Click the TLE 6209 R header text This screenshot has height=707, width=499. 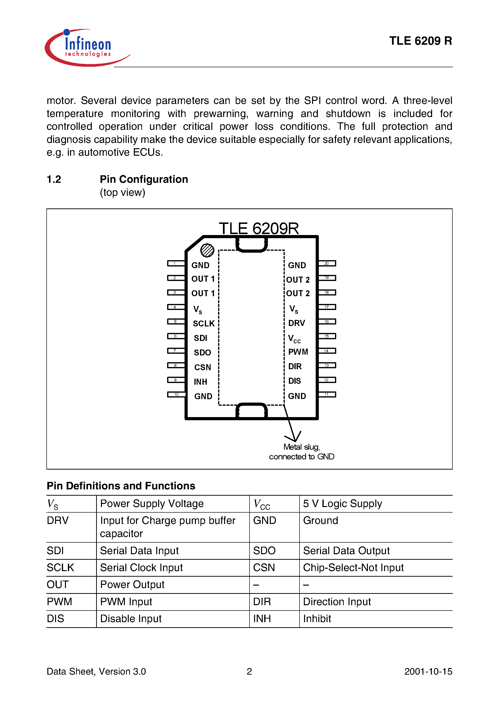coord(420,41)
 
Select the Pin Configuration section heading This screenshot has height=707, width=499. coord(144,179)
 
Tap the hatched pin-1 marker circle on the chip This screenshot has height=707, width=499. coord(207,250)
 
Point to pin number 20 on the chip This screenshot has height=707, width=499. coord(327,263)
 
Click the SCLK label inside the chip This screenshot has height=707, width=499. coord(204,323)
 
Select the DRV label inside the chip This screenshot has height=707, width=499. coord(297,323)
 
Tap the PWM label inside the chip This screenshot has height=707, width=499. coord(298,352)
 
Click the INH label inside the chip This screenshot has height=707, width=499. coord(200,382)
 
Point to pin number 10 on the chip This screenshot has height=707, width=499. coord(176,394)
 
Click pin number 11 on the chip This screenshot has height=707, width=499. coord(327,394)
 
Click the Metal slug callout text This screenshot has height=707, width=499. coord(301,452)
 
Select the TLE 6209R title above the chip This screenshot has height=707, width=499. coord(259,228)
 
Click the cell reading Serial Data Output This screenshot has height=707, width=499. coord(346,551)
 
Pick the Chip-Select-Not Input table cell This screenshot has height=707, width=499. coord(353,567)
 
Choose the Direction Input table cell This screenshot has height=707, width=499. coord(337,601)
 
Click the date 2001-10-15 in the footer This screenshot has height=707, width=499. coord(428,671)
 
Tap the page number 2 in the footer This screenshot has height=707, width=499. coord(249,671)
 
